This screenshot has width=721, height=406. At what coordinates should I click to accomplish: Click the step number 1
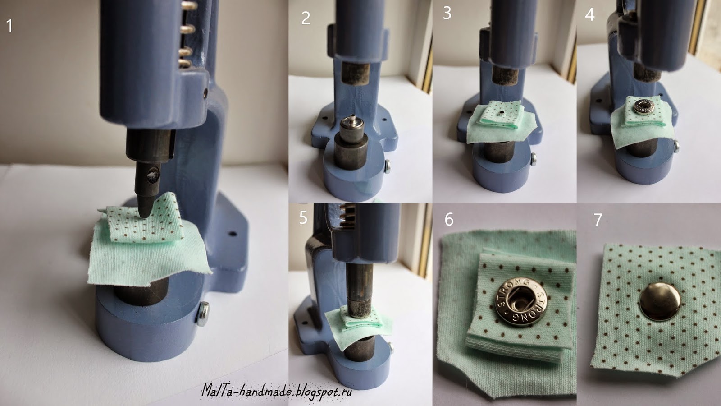[x=9, y=26]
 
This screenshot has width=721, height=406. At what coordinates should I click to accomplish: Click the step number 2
[x=306, y=18]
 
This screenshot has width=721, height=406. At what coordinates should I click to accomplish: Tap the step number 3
[x=447, y=13]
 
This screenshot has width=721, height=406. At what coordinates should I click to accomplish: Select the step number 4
[x=590, y=15]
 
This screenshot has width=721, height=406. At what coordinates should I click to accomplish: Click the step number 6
[x=449, y=219]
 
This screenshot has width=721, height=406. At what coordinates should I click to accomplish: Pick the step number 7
[x=598, y=220]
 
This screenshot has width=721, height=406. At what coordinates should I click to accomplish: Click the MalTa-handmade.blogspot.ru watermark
[x=277, y=391]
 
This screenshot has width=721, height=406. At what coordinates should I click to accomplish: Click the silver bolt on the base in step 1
[x=202, y=314]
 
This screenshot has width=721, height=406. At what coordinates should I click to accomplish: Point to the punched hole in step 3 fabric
[x=502, y=113]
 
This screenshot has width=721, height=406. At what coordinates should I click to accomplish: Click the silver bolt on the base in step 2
[x=388, y=166]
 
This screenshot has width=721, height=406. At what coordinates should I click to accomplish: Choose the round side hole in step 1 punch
[x=153, y=175]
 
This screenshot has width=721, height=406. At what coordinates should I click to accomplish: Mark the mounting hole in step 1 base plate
[x=232, y=233]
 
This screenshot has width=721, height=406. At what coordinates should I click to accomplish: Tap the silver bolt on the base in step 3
[x=533, y=159]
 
